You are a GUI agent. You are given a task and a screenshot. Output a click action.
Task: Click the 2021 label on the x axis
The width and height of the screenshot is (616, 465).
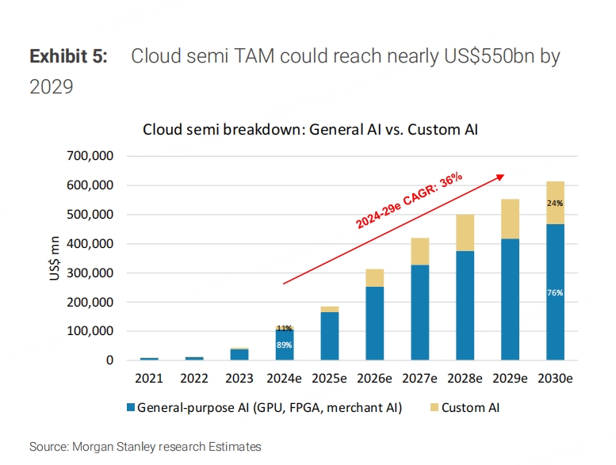[150, 379]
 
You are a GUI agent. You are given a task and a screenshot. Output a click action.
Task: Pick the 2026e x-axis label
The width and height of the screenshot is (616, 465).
[375, 379]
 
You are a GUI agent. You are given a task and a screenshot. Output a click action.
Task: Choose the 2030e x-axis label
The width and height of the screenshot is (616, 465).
[555, 379]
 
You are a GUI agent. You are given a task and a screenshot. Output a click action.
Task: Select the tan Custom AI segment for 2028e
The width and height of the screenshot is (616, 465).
[465, 233]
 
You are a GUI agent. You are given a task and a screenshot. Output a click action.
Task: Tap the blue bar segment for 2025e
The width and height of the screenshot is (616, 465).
[329, 336]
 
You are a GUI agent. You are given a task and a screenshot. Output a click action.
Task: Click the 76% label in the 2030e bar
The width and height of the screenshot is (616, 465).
[555, 292]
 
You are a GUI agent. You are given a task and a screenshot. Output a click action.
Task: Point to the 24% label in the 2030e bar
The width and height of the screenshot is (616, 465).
[555, 203]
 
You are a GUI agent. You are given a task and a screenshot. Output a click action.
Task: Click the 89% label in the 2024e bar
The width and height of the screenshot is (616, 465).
[285, 345]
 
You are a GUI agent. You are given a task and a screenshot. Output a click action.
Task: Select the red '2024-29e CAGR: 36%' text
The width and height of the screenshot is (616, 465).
[409, 201]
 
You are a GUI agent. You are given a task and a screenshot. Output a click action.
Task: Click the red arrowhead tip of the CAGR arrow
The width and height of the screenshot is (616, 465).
[505, 175]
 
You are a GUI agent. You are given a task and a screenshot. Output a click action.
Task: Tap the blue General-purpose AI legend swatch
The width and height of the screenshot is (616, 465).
[129, 408]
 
